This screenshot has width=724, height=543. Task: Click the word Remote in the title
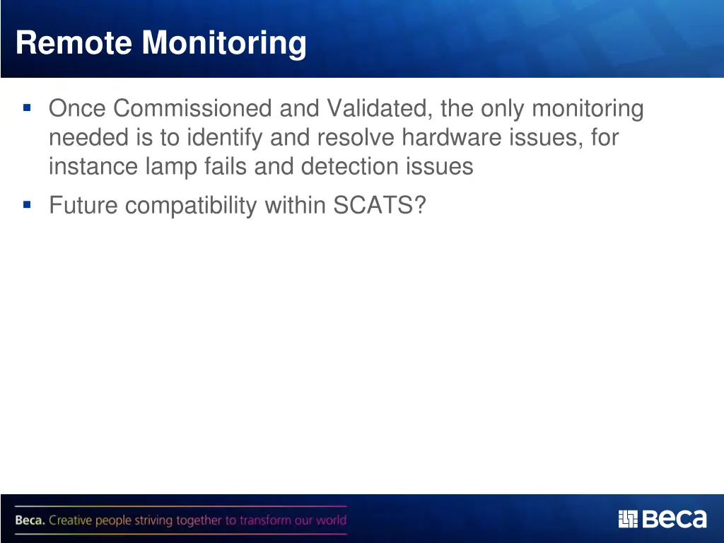click(x=74, y=44)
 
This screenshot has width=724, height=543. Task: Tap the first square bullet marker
click(x=27, y=108)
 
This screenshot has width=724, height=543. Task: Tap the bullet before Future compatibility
click(x=27, y=205)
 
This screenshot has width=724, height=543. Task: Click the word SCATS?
click(x=380, y=206)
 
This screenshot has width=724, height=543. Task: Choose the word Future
click(x=84, y=206)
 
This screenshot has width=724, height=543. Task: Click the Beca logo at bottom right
click(x=673, y=520)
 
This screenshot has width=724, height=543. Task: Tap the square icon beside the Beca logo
click(x=628, y=520)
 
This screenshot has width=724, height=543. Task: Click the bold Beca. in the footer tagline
click(x=30, y=521)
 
